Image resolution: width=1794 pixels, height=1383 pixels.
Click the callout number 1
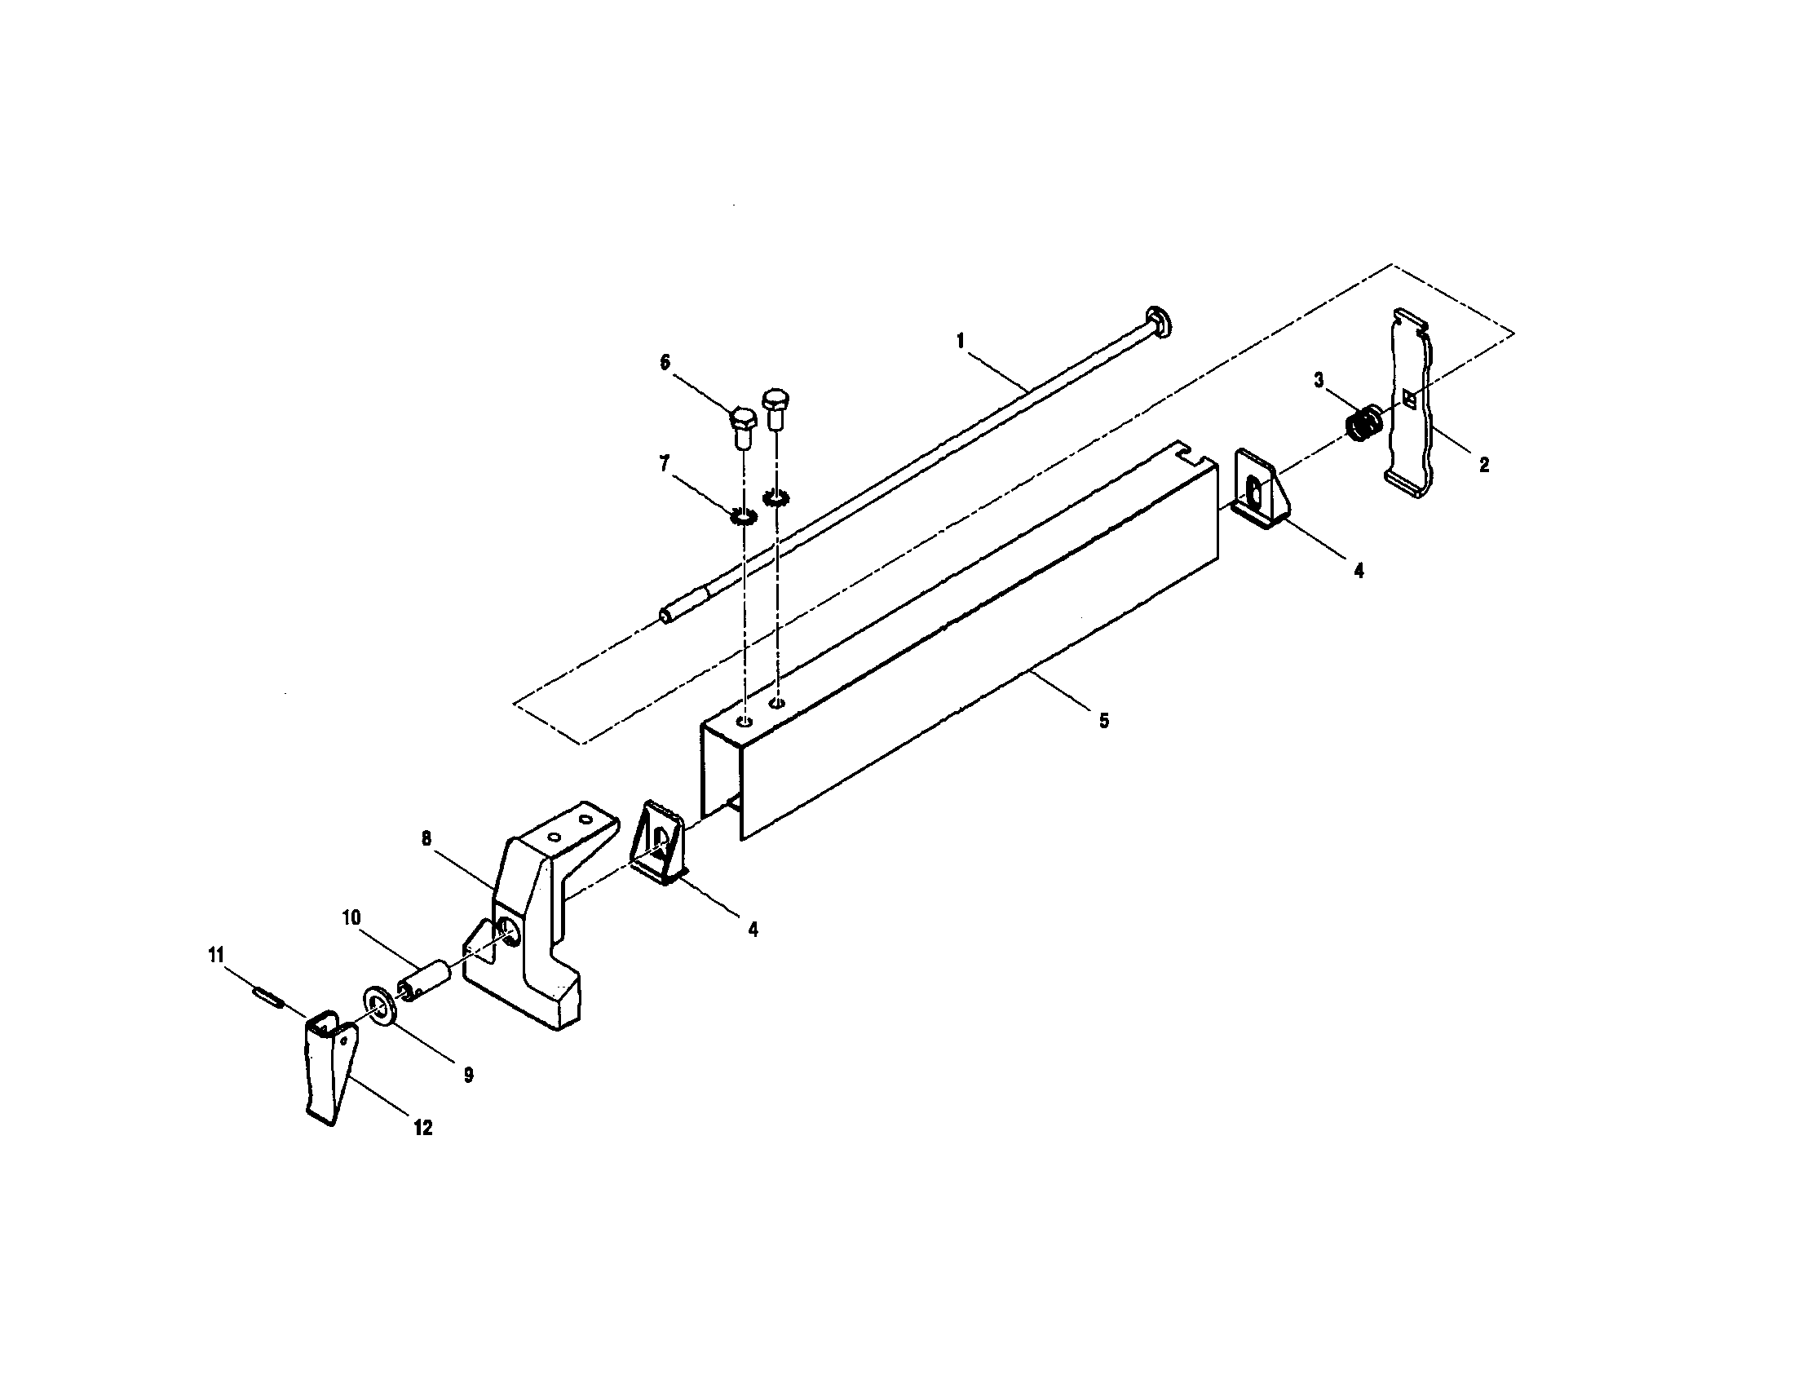tap(961, 340)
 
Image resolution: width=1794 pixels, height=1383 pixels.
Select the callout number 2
tap(1483, 465)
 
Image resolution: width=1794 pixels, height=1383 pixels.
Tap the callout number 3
tap(1319, 379)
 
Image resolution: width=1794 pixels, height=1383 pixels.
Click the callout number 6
tap(665, 362)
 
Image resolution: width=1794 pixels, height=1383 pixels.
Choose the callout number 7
tap(665, 465)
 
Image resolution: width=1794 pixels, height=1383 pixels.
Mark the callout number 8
tap(426, 837)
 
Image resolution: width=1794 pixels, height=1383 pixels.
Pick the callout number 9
tap(468, 1075)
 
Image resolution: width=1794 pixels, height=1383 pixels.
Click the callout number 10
tap(351, 917)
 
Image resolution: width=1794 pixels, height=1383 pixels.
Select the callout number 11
tap(215, 954)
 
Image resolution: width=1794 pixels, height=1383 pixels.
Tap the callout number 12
tap(422, 1129)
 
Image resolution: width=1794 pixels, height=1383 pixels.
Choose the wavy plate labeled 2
tap(1412, 402)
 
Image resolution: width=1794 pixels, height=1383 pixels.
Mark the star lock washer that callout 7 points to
tap(743, 518)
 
